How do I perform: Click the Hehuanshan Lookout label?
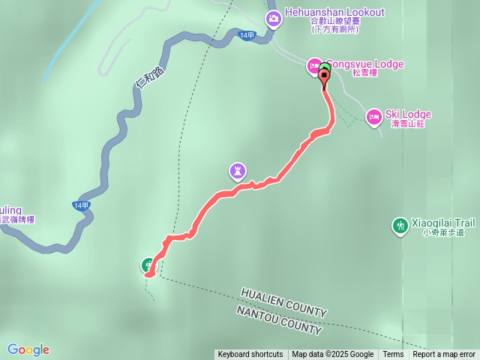[335, 13]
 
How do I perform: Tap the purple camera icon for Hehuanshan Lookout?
[273, 17]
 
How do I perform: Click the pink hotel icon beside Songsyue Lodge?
[313, 67]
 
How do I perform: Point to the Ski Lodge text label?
[408, 114]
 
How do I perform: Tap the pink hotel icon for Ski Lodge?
[373, 117]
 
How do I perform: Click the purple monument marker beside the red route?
[238, 172]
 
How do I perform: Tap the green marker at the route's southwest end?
[148, 264]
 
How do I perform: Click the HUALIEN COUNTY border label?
[283, 301]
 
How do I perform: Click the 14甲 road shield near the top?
[247, 35]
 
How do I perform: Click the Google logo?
[28, 349]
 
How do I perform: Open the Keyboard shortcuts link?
[250, 355]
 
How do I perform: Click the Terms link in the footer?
[393, 355]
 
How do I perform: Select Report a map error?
[444, 355]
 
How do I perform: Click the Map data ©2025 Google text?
[332, 355]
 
